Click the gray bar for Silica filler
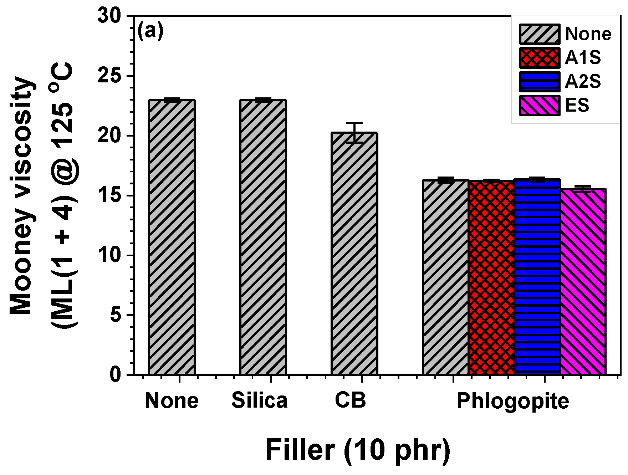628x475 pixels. (x=263, y=237)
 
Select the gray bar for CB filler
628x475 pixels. (x=354, y=253)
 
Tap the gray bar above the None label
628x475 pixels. (x=172, y=237)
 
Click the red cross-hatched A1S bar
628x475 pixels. (x=491, y=277)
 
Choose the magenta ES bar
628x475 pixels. (x=583, y=282)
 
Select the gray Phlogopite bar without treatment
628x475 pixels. (x=445, y=277)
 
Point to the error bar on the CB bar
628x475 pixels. (x=354, y=133)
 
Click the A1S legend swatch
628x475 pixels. (x=540, y=58)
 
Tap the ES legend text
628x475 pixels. (x=577, y=106)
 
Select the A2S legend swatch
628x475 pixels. (x=540, y=82)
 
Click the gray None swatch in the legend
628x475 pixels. (x=540, y=34)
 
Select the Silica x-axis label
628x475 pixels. (x=259, y=400)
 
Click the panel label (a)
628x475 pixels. (x=150, y=31)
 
